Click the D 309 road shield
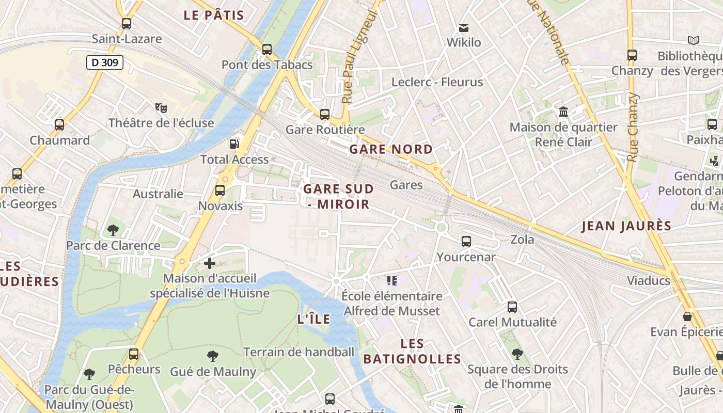(x=104, y=63)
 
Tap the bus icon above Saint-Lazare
(x=127, y=24)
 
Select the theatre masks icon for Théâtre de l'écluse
(x=161, y=108)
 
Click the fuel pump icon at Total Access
(x=234, y=144)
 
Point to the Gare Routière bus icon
(x=325, y=115)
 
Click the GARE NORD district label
(x=391, y=150)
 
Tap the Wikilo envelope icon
(x=464, y=27)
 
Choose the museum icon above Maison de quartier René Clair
(x=563, y=112)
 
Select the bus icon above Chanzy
(x=632, y=55)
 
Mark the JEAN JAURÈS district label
(x=626, y=226)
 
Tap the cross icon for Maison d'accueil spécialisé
(x=209, y=264)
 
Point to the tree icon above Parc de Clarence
(x=113, y=230)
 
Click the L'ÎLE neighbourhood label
(x=314, y=319)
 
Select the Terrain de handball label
(x=299, y=352)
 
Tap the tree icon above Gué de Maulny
(x=213, y=356)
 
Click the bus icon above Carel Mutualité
(x=512, y=307)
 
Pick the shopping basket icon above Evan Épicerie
(x=687, y=316)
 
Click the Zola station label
(x=522, y=240)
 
